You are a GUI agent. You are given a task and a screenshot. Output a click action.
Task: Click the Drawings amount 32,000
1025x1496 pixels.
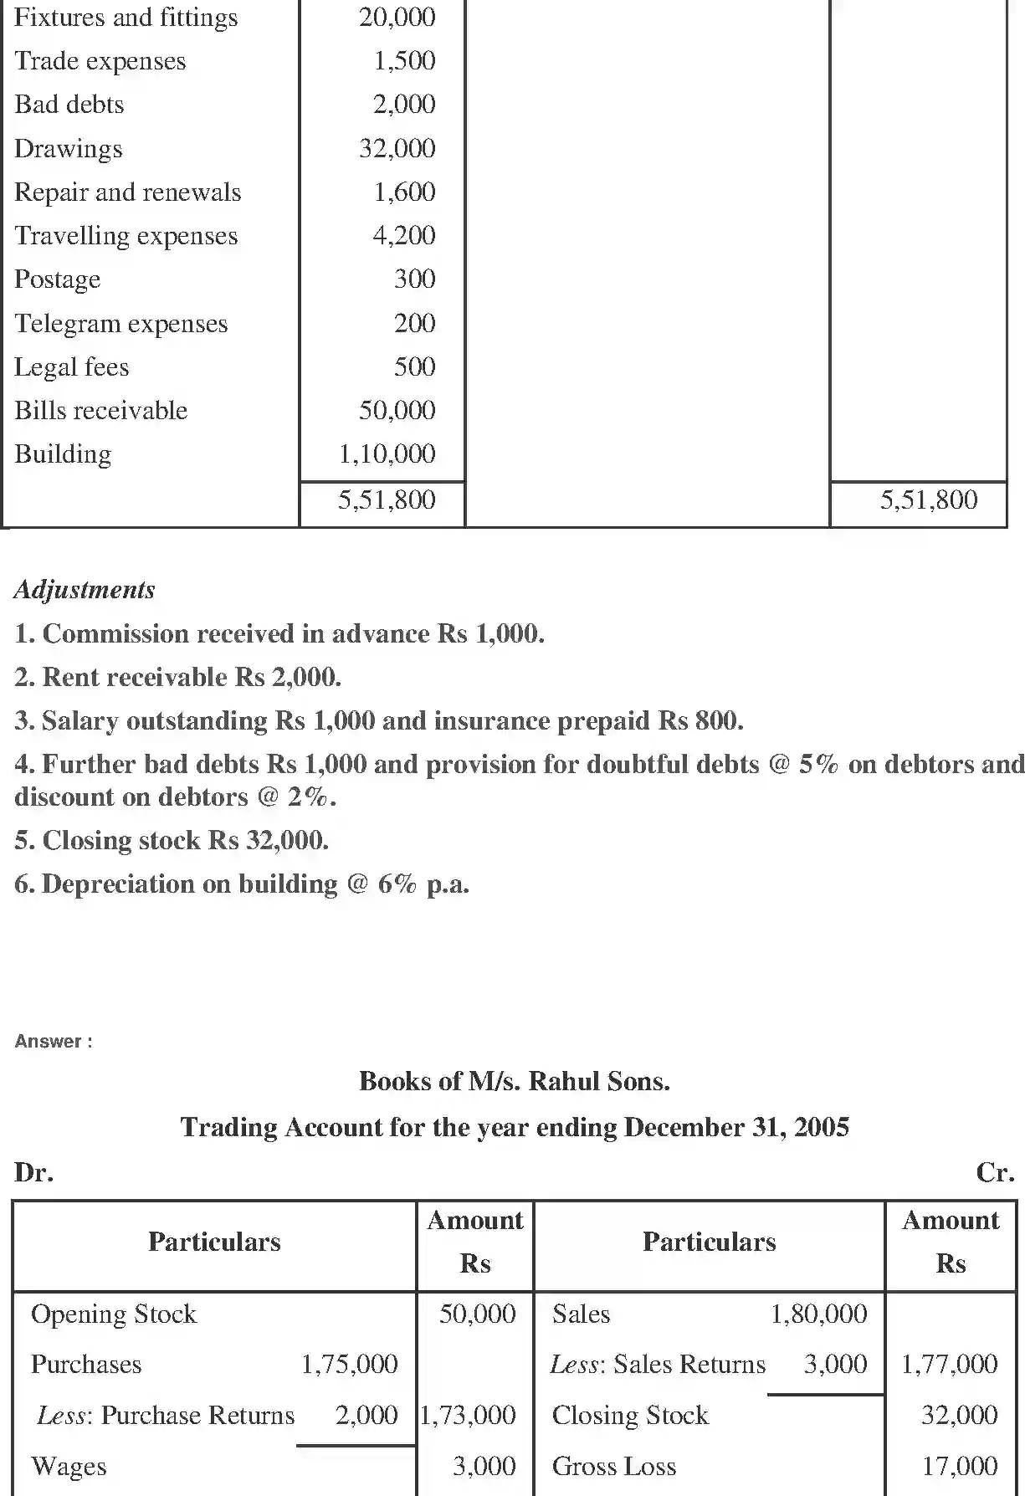(x=397, y=148)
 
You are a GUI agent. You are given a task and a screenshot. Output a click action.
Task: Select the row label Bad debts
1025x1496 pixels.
(x=69, y=105)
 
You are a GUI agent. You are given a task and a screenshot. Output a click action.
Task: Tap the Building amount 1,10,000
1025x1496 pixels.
(x=387, y=454)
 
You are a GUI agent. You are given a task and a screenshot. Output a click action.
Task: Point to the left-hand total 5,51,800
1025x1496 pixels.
(x=387, y=500)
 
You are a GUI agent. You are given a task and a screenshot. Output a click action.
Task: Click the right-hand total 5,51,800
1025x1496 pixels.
(x=928, y=500)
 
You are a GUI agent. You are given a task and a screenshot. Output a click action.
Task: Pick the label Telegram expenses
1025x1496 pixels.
(x=120, y=324)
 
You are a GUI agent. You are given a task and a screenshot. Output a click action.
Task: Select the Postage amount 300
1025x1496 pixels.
(x=414, y=279)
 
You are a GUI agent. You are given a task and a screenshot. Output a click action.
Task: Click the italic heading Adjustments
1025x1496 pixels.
(x=85, y=590)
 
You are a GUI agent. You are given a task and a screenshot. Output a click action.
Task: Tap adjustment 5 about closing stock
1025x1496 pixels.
(x=172, y=840)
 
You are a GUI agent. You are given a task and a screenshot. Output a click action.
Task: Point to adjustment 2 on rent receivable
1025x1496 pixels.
(x=177, y=677)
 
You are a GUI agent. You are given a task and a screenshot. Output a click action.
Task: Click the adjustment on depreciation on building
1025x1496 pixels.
(x=242, y=884)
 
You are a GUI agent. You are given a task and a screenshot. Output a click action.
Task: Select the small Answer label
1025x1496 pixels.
(x=53, y=1042)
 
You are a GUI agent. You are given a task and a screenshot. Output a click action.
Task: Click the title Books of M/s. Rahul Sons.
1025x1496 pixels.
(x=514, y=1081)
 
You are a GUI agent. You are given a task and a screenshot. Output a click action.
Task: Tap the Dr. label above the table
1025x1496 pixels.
(x=33, y=1172)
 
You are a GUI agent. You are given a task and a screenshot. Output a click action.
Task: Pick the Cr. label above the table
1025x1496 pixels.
(x=995, y=1172)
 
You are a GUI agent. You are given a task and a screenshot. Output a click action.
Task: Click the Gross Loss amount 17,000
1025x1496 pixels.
(x=959, y=1466)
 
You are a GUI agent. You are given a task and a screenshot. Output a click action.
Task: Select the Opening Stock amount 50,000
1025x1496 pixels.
(x=477, y=1314)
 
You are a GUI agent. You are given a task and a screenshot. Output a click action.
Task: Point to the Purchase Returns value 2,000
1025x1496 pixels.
(x=366, y=1415)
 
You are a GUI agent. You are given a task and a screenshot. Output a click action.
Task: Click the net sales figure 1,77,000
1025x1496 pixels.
(x=949, y=1365)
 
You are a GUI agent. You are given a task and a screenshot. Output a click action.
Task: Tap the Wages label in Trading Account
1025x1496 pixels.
(x=69, y=1467)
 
